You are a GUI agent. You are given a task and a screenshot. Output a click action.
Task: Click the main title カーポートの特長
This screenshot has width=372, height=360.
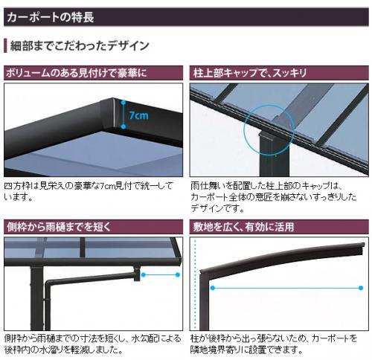(x=51, y=17)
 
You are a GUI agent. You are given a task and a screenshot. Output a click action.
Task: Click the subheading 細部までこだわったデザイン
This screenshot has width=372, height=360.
(x=80, y=45)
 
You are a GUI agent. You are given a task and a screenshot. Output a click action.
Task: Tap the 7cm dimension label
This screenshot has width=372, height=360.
(x=139, y=115)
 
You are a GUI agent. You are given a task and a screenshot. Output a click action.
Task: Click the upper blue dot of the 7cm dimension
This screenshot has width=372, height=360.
(x=124, y=102)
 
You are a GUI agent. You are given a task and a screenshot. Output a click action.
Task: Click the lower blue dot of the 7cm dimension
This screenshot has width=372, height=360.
(x=124, y=126)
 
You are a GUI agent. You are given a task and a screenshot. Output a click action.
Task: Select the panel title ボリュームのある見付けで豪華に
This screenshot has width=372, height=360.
(x=77, y=73)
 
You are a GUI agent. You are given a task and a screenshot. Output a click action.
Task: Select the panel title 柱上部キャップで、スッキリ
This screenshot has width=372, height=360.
(x=250, y=73)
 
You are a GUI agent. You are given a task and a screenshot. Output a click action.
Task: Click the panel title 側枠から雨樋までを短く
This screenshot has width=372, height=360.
(x=59, y=227)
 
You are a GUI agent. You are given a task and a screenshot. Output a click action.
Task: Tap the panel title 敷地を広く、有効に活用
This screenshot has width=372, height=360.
(x=243, y=227)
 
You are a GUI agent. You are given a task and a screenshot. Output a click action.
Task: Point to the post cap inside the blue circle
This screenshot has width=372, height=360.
(x=266, y=136)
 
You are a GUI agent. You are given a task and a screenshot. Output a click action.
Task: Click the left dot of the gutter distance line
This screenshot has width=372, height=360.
(x=143, y=274)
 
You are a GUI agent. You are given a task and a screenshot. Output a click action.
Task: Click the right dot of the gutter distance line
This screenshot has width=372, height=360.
(x=178, y=274)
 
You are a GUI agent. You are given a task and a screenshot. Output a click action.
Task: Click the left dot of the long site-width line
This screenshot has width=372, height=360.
(x=212, y=288)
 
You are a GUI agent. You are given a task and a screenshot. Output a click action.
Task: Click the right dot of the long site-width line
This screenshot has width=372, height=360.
(x=361, y=288)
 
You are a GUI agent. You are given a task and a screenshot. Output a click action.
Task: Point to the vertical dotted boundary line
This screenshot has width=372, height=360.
(x=196, y=284)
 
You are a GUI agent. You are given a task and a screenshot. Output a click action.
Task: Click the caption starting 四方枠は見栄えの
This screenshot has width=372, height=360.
(x=89, y=191)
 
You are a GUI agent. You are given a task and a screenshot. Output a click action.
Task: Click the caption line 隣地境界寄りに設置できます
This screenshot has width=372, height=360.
(x=246, y=350)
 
